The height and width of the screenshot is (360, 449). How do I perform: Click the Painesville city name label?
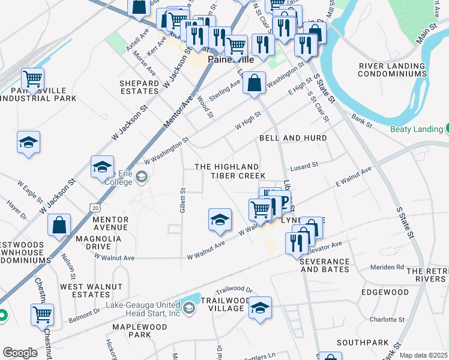(231, 60)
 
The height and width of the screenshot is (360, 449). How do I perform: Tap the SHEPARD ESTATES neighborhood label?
(139, 87)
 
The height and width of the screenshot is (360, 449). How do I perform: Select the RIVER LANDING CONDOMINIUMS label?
(393, 70)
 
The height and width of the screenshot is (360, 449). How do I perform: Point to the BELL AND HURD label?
(293, 138)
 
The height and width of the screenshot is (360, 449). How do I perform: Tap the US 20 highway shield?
(95, 207)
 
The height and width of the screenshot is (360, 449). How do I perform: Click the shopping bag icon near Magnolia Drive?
(59, 226)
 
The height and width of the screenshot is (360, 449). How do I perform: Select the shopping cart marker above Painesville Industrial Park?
(32, 79)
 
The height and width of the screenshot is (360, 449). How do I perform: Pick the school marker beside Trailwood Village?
(260, 308)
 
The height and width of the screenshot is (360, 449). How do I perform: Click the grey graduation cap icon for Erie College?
(142, 176)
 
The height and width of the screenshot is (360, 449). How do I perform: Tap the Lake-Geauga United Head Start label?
(143, 309)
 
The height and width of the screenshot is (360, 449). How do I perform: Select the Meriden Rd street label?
(388, 267)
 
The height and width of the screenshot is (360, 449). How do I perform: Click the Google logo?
(20, 353)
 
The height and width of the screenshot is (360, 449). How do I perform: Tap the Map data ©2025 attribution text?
(423, 355)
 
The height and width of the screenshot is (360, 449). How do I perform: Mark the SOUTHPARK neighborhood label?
(359, 343)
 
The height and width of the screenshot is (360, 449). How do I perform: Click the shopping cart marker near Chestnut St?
(43, 314)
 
